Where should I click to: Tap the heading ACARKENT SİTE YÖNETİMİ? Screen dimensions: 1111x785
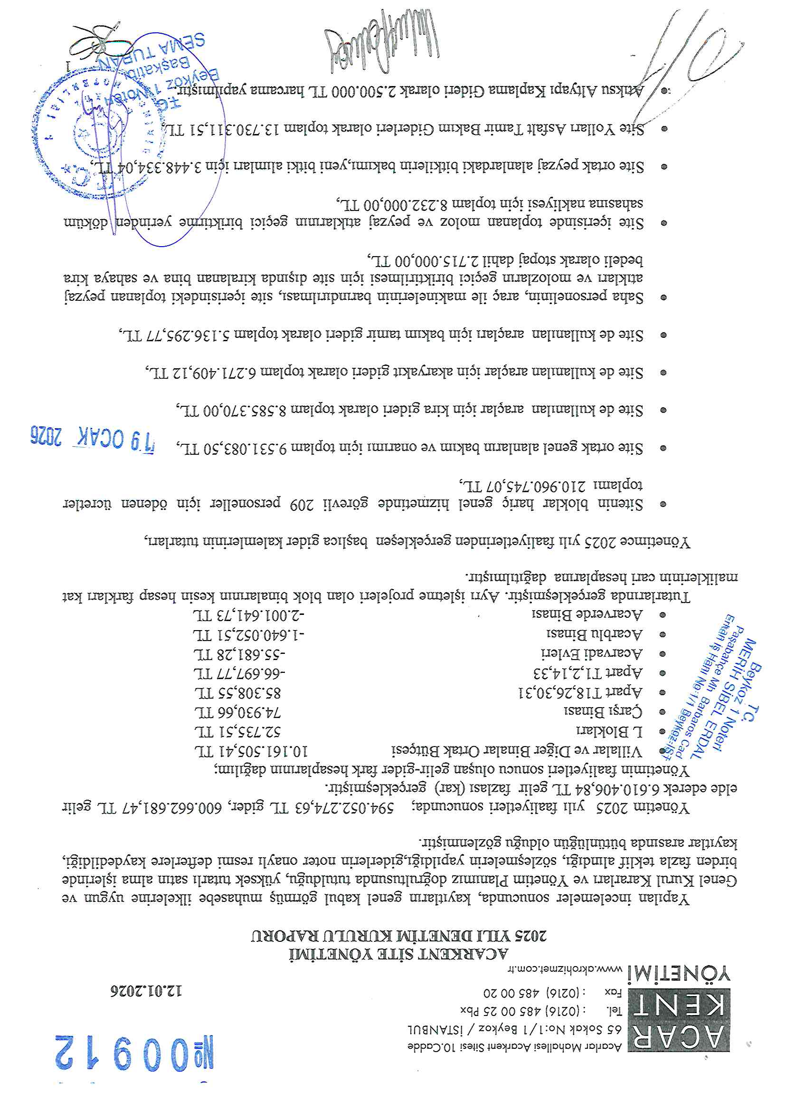[x=398, y=953]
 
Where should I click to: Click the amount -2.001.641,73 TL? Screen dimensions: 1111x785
[x=249, y=615]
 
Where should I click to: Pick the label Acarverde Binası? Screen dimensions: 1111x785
[x=587, y=614]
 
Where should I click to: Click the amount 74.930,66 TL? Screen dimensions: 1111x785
[x=237, y=712]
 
